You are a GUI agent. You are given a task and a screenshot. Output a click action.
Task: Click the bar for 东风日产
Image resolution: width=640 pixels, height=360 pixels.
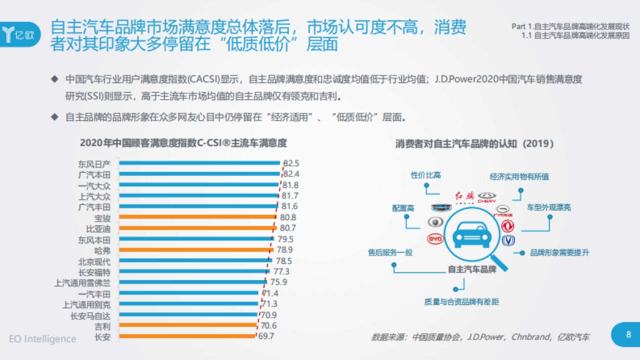[198, 163]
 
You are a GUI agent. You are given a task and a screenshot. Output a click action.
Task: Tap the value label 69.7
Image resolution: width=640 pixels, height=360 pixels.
[266, 336]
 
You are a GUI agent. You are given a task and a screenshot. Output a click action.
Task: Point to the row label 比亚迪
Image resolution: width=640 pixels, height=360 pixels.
[98, 228]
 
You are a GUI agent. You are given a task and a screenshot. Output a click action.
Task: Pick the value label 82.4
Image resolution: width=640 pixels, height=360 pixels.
[291, 174]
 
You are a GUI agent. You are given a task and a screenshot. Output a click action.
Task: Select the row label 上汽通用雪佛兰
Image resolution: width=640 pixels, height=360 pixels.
[83, 282]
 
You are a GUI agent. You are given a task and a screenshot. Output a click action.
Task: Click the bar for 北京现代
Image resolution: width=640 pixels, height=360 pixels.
[192, 261]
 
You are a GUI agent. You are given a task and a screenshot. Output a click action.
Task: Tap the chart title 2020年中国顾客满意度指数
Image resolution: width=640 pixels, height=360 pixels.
[183, 143]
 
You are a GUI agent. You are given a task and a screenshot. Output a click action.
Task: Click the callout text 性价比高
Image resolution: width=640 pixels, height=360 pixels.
[426, 175]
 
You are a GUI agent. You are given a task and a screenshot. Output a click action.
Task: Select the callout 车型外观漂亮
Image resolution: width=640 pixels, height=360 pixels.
[549, 207]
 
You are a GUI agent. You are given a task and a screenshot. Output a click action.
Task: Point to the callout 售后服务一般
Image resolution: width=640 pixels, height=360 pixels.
[390, 252]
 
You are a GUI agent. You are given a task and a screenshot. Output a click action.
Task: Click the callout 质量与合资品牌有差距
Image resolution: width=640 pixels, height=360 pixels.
[461, 302]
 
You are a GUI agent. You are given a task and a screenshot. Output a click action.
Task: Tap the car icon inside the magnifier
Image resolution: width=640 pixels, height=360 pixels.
[472, 235]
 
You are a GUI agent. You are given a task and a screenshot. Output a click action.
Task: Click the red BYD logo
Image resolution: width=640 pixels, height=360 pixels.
[435, 240]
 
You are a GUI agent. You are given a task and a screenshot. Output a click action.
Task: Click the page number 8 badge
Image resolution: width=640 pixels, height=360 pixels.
[628, 334]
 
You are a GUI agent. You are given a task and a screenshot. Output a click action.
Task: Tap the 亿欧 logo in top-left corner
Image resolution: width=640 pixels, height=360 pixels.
[19, 34]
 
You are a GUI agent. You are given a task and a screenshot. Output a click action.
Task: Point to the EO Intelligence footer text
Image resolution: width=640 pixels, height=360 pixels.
[43, 339]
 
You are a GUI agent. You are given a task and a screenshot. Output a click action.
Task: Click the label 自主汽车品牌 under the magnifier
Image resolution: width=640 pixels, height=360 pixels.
[471, 269]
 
